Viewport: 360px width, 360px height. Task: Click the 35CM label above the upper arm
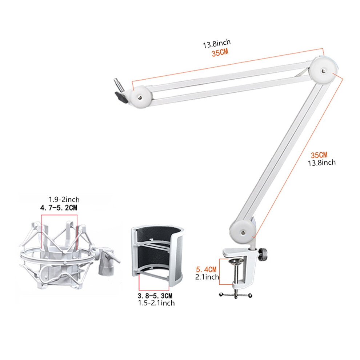click(x=220, y=53)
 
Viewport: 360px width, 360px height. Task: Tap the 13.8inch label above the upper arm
click(x=216, y=44)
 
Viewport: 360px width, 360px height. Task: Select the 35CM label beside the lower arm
click(x=319, y=155)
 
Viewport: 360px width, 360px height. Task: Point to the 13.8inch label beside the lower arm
click(x=322, y=163)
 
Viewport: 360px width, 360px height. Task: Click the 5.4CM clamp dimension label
click(x=206, y=269)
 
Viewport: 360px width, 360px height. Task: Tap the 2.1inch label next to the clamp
click(x=207, y=277)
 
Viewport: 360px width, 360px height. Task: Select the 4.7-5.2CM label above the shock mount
click(x=59, y=208)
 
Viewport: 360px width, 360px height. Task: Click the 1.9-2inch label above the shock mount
click(x=64, y=200)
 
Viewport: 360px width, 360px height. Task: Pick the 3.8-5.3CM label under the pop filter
click(x=155, y=296)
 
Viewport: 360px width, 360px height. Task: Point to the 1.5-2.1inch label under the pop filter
click(x=156, y=303)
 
